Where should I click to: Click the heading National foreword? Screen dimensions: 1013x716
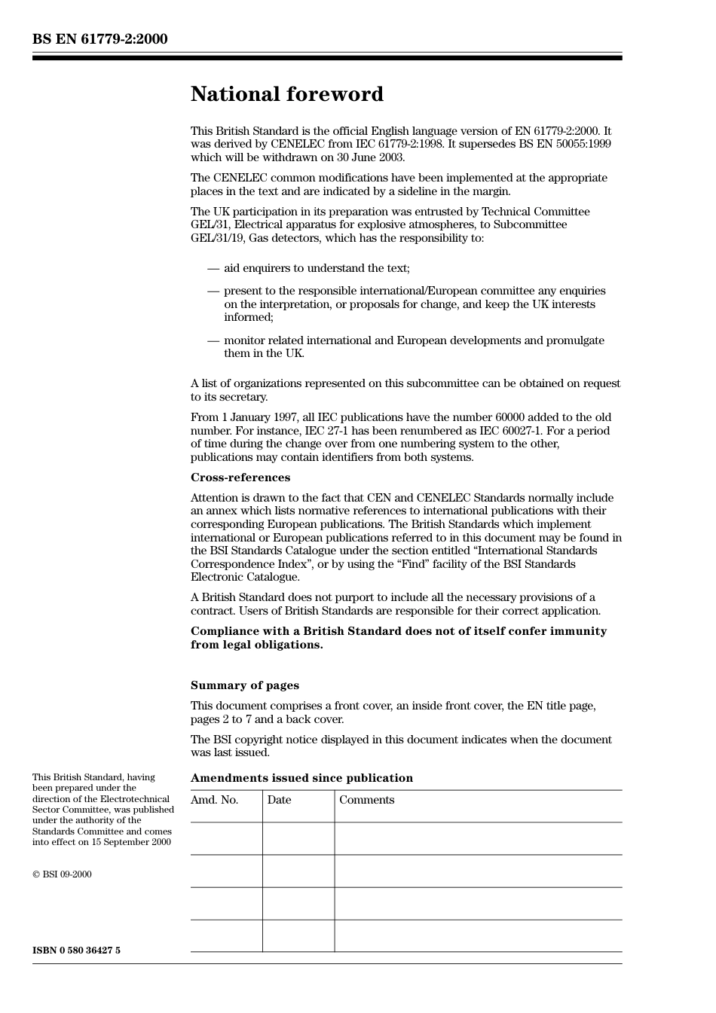[286, 94]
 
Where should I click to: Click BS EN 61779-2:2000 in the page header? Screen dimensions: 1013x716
[99, 39]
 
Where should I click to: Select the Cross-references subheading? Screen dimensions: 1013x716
[240, 478]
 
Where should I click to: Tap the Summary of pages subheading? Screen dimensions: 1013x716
[244, 685]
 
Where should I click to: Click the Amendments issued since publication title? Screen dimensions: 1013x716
[301, 778]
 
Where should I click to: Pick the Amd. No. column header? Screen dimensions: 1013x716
[215, 800]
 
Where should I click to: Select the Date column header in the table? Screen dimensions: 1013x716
[279, 800]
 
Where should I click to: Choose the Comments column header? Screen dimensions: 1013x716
[366, 800]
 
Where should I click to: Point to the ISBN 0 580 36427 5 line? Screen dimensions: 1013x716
[76, 950]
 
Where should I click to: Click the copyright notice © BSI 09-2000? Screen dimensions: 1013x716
[62, 874]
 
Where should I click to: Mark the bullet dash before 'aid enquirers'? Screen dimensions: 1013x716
[213, 268]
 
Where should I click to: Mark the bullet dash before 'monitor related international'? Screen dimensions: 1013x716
[213, 340]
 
